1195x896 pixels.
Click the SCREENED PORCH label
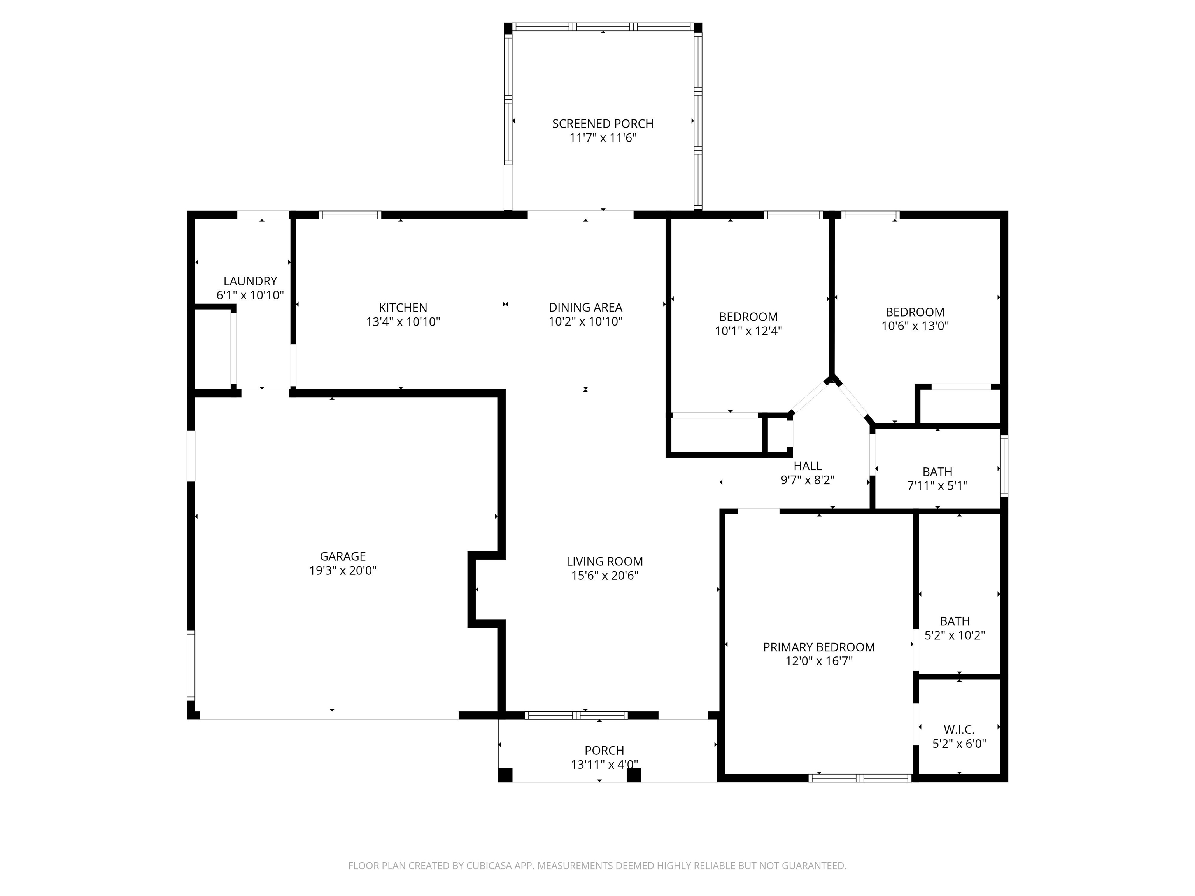click(603, 124)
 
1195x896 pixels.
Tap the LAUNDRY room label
click(250, 281)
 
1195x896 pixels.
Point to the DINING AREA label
click(585, 307)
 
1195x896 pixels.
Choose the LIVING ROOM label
click(605, 562)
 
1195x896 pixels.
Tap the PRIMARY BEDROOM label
click(819, 647)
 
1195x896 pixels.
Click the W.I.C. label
click(959, 730)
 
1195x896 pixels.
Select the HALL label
click(808, 465)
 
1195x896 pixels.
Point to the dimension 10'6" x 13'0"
click(915, 325)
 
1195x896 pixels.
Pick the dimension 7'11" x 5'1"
click(937, 486)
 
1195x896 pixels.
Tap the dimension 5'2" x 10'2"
click(955, 635)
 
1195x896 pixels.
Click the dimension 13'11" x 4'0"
click(605, 764)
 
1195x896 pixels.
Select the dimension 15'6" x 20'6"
click(605, 576)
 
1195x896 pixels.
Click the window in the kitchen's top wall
click(350, 215)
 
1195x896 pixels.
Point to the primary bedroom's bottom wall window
click(860, 778)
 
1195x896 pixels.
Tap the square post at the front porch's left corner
click(505, 775)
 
